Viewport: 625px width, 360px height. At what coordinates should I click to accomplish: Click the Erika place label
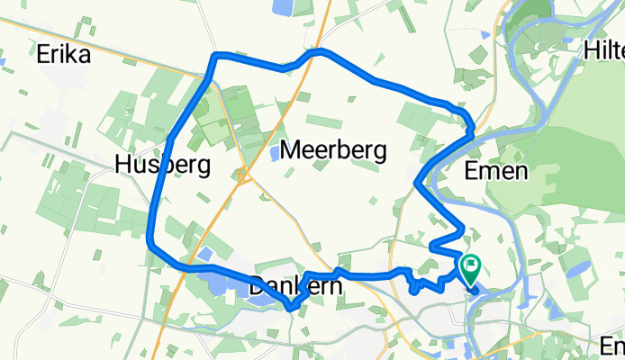click(64, 56)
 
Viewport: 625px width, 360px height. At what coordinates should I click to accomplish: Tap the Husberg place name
click(163, 165)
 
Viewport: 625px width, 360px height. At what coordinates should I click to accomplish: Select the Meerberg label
click(333, 150)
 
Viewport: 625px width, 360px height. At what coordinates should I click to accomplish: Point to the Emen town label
click(495, 171)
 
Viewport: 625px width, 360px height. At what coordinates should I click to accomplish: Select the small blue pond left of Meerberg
click(274, 153)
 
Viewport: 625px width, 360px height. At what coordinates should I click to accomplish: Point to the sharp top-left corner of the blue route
click(214, 57)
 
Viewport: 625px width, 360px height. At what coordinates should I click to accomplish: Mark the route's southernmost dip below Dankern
click(290, 309)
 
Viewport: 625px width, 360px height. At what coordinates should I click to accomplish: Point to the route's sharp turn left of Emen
click(415, 184)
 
